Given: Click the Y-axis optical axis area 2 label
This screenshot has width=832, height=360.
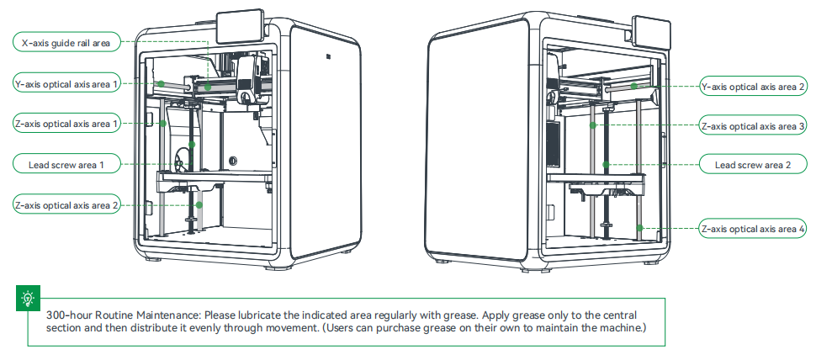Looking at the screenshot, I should [754, 86].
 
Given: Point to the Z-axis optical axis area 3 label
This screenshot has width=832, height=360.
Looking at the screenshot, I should [754, 125].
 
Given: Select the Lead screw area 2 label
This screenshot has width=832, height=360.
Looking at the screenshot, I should [754, 165].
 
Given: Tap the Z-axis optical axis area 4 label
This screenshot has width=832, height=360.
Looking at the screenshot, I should [754, 228].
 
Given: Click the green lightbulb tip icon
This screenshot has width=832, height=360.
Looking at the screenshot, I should [28, 298].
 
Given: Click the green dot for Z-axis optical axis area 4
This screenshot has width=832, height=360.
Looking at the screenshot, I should [639, 227].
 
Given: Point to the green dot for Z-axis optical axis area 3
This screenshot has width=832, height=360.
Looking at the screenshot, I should [593, 125].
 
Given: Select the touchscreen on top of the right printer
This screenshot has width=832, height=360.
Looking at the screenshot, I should [651, 30].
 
